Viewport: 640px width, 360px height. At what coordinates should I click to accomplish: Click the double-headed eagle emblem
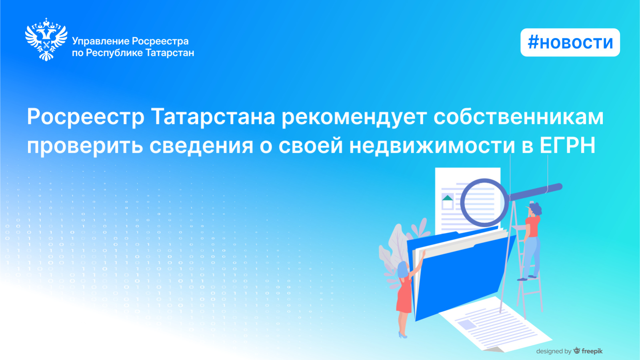[x=46, y=40]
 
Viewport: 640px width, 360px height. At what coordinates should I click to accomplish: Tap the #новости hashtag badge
[x=570, y=42]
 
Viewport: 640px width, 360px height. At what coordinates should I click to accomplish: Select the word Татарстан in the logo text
[x=170, y=53]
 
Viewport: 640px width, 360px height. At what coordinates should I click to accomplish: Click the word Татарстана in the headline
[x=213, y=117]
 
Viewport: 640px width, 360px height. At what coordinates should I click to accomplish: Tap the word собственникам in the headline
[x=518, y=117]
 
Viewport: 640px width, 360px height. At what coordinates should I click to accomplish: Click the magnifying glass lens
[x=484, y=202]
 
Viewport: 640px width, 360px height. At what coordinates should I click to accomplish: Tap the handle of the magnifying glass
[x=535, y=192]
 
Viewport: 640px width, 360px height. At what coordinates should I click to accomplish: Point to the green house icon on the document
[x=448, y=198]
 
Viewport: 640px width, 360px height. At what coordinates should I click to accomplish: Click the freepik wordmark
[x=592, y=351]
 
